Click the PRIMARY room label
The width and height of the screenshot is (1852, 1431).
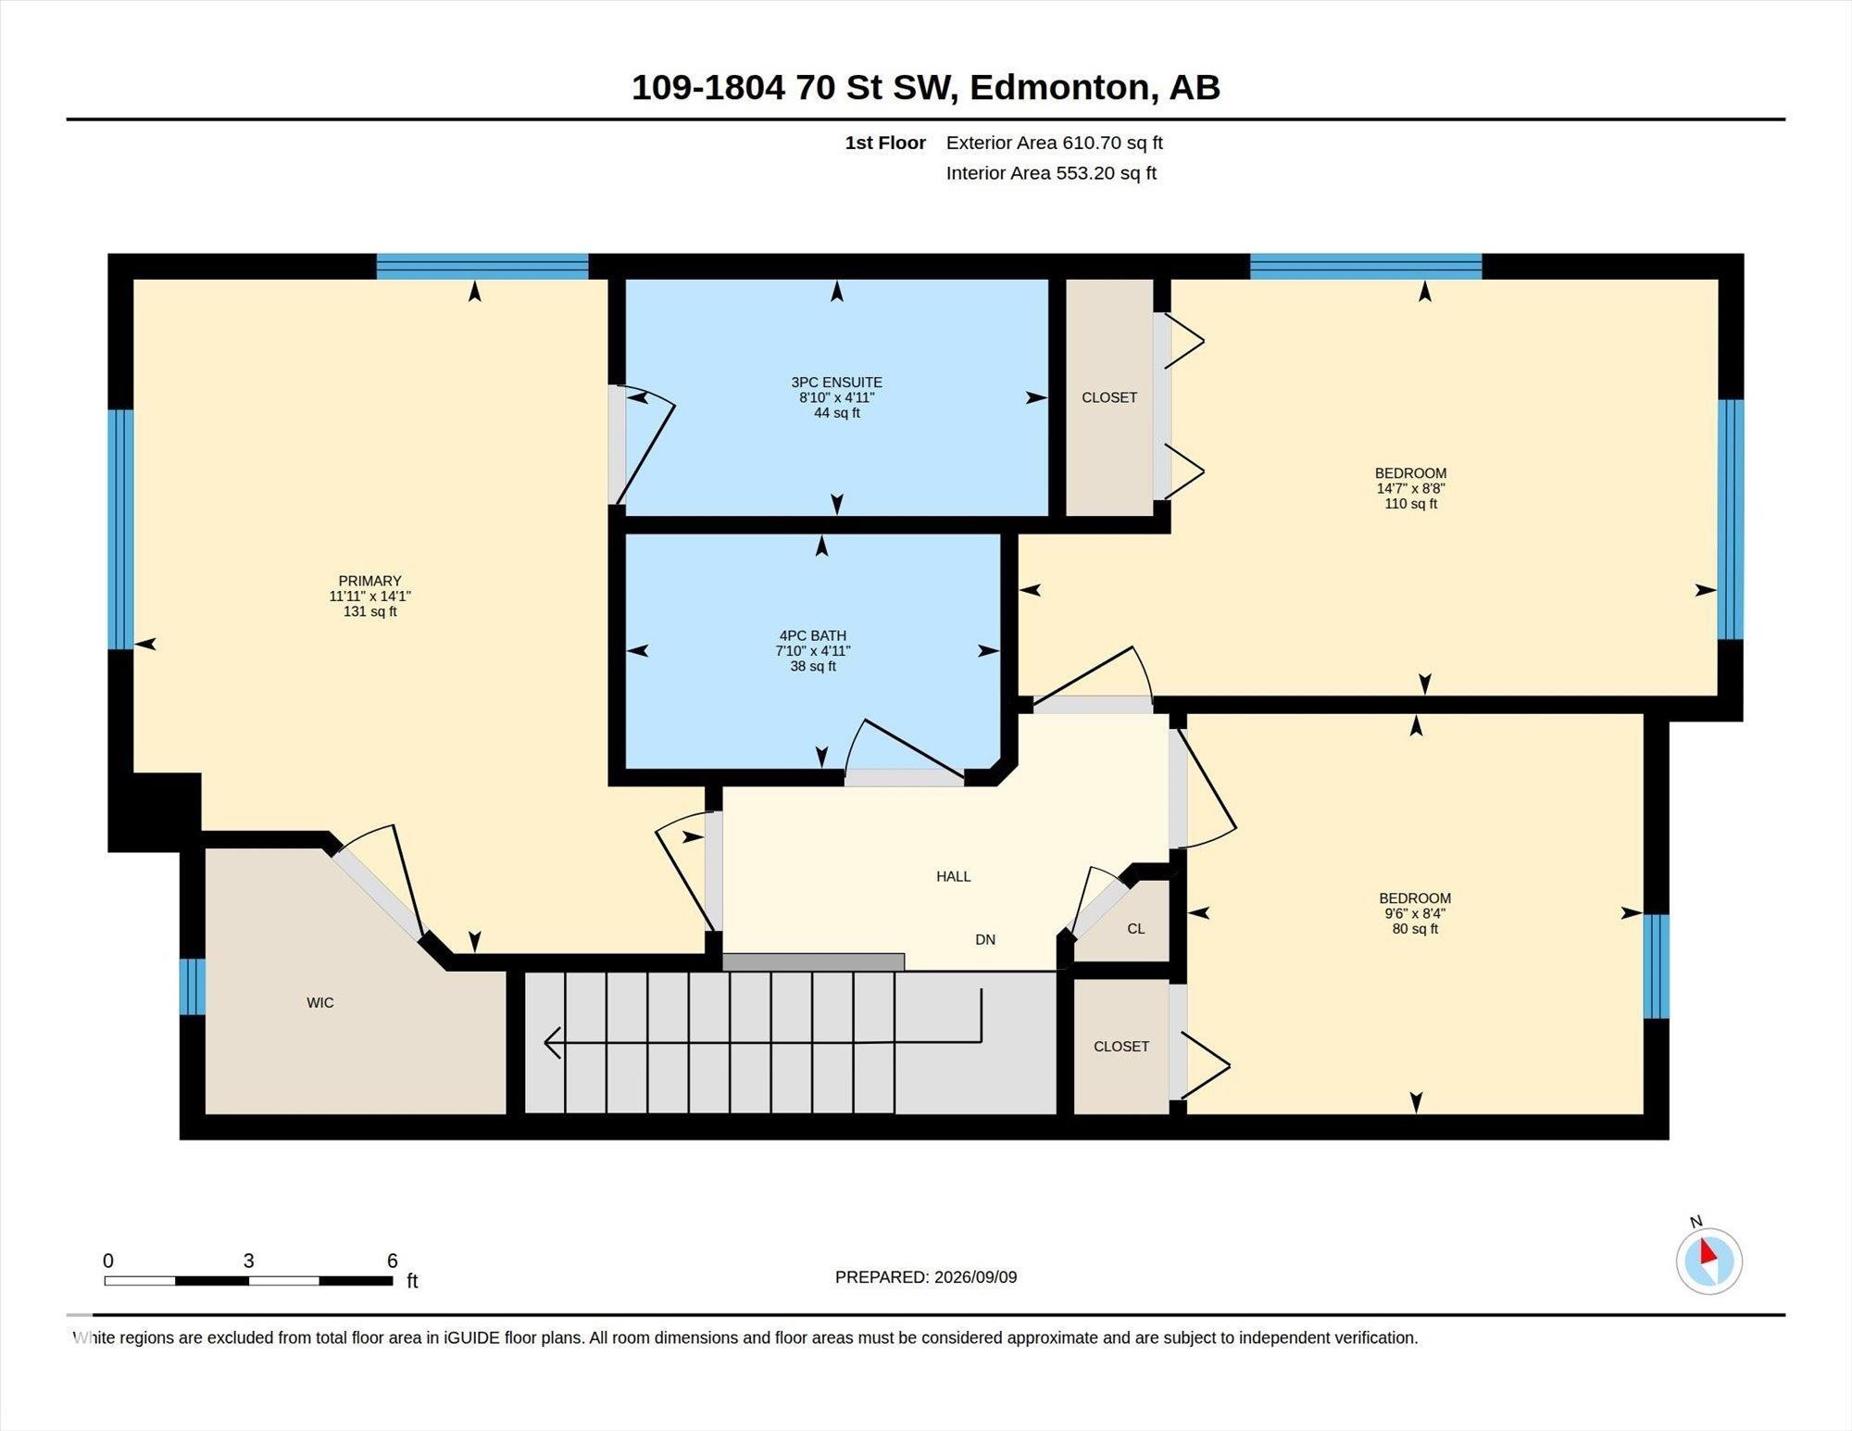click(369, 581)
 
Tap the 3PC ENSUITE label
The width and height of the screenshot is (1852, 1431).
click(836, 382)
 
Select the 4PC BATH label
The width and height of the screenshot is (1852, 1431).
click(812, 635)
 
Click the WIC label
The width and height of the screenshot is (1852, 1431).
click(320, 1002)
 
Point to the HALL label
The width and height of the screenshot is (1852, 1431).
click(953, 876)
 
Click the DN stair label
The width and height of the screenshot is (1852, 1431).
click(985, 939)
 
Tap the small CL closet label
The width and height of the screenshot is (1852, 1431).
click(1136, 928)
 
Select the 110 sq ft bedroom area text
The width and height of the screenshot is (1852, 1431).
click(1410, 504)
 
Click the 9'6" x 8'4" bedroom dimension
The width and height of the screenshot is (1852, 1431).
click(1414, 913)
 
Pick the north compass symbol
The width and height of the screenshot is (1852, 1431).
click(1708, 1260)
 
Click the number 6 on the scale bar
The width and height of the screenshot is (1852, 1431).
click(393, 1261)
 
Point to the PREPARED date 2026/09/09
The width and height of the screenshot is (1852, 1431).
click(975, 1276)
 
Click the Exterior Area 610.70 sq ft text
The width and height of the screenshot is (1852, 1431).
click(1054, 143)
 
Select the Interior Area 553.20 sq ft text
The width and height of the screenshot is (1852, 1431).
click(1051, 173)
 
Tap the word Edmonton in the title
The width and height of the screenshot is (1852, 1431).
click(1059, 87)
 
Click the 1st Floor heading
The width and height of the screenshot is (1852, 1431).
click(885, 143)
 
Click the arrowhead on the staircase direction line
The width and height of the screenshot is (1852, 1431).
click(552, 1042)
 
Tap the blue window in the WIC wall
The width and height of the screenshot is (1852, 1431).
click(193, 987)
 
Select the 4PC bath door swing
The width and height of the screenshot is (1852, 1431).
click(905, 747)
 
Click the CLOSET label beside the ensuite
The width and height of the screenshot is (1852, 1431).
click(1109, 397)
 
